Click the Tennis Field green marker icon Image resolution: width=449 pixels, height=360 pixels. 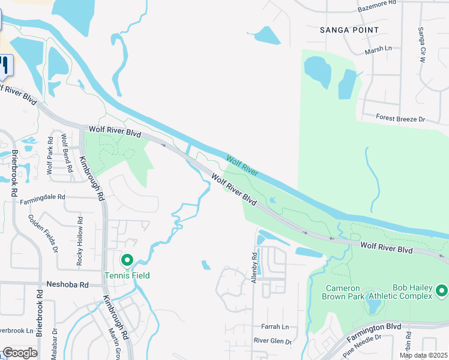pyautogui.click(x=127, y=261)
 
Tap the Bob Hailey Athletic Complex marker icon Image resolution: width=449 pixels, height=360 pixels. pyautogui.click(x=442, y=291)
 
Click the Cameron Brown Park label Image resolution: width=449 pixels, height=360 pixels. pyautogui.click(x=345, y=293)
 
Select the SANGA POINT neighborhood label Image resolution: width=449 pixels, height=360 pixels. pyautogui.click(x=349, y=29)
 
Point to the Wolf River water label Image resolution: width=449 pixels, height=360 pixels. pyautogui.click(x=242, y=166)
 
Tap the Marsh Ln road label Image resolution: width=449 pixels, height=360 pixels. pyautogui.click(x=378, y=49)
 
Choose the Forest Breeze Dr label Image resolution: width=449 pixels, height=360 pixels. pyautogui.click(x=400, y=119)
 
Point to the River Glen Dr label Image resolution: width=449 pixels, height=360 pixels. pyautogui.click(x=273, y=341)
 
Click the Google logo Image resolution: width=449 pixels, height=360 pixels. pyautogui.click(x=19, y=353)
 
